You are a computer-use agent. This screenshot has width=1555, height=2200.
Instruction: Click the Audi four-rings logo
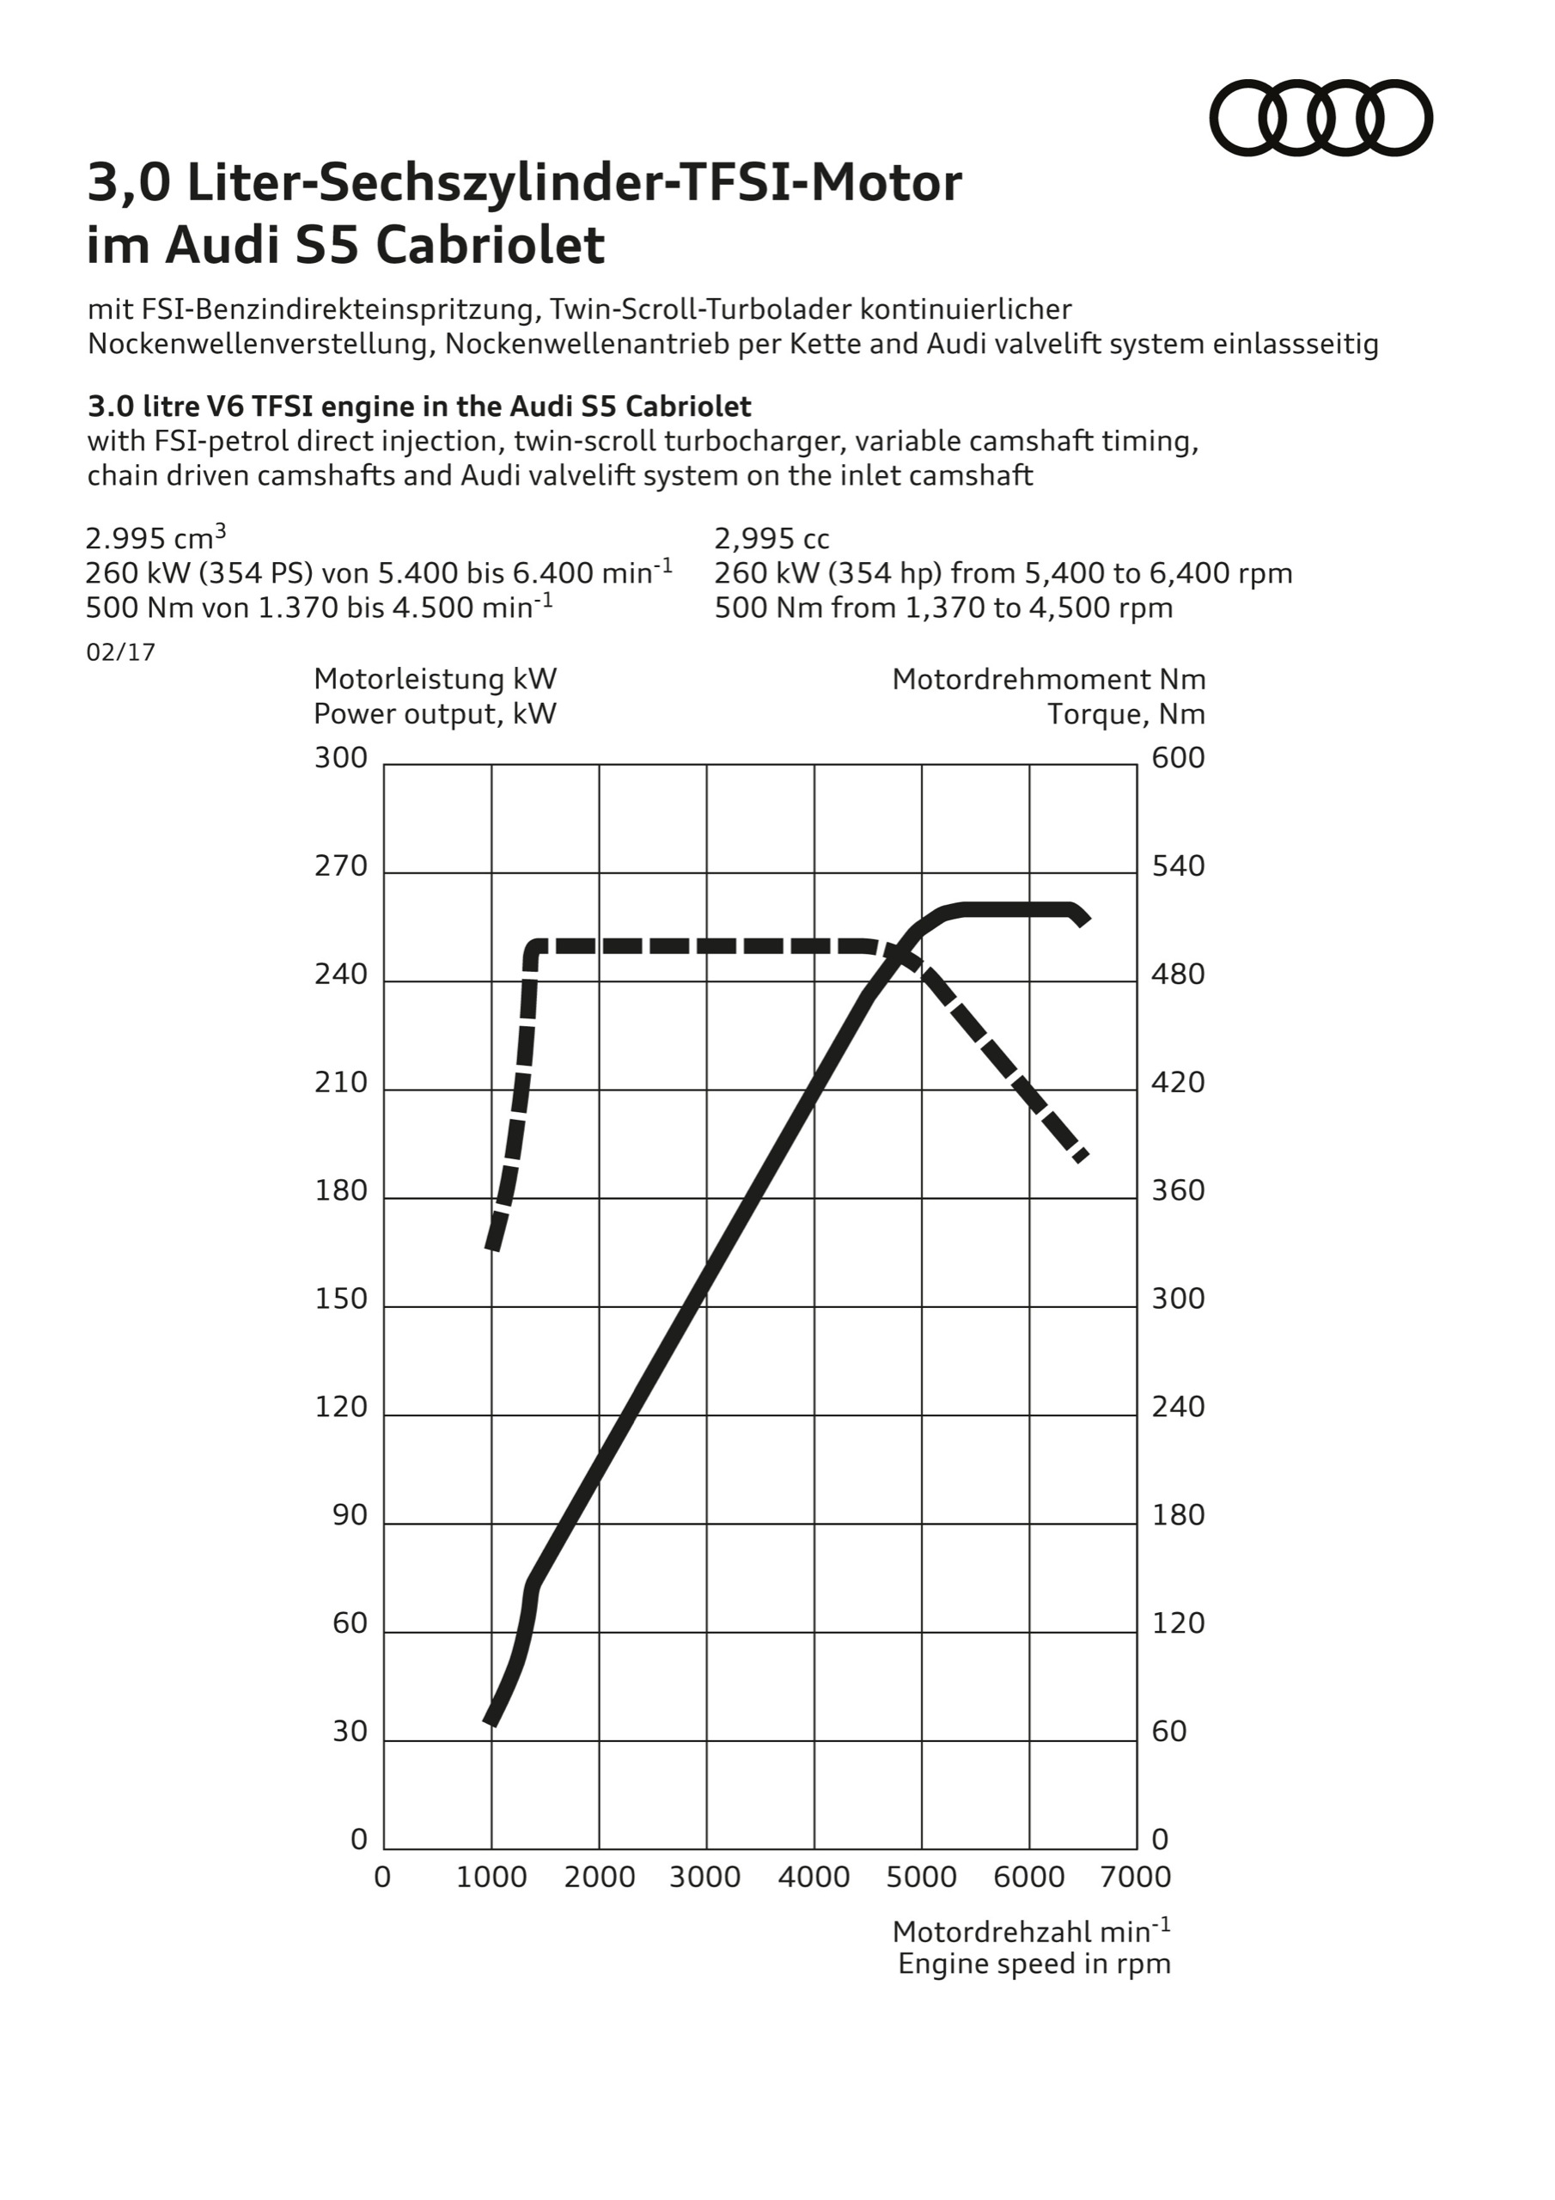pos(1321,118)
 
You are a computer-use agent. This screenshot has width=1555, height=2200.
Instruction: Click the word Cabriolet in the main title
pos(490,245)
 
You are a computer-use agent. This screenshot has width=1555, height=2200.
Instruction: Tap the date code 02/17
pos(121,652)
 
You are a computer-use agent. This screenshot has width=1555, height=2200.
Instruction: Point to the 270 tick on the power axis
pos(341,866)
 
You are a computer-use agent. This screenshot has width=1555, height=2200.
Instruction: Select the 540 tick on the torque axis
pos(1178,866)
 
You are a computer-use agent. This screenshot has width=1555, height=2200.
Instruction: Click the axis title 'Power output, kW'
pos(435,714)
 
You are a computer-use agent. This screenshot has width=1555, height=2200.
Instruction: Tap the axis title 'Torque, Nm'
pos(1125,714)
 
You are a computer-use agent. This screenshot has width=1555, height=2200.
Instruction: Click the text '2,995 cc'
pos(772,539)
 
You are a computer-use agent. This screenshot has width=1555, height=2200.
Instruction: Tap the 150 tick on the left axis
pos(341,1299)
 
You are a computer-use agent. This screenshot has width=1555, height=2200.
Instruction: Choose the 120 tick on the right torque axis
pos(1178,1623)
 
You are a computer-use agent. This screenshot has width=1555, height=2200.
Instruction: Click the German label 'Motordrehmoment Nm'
pos(1048,680)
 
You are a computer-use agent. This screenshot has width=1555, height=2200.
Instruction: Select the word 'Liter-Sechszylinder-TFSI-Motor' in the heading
pos(575,183)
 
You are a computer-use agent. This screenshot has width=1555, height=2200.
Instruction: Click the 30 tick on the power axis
pos(350,1732)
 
